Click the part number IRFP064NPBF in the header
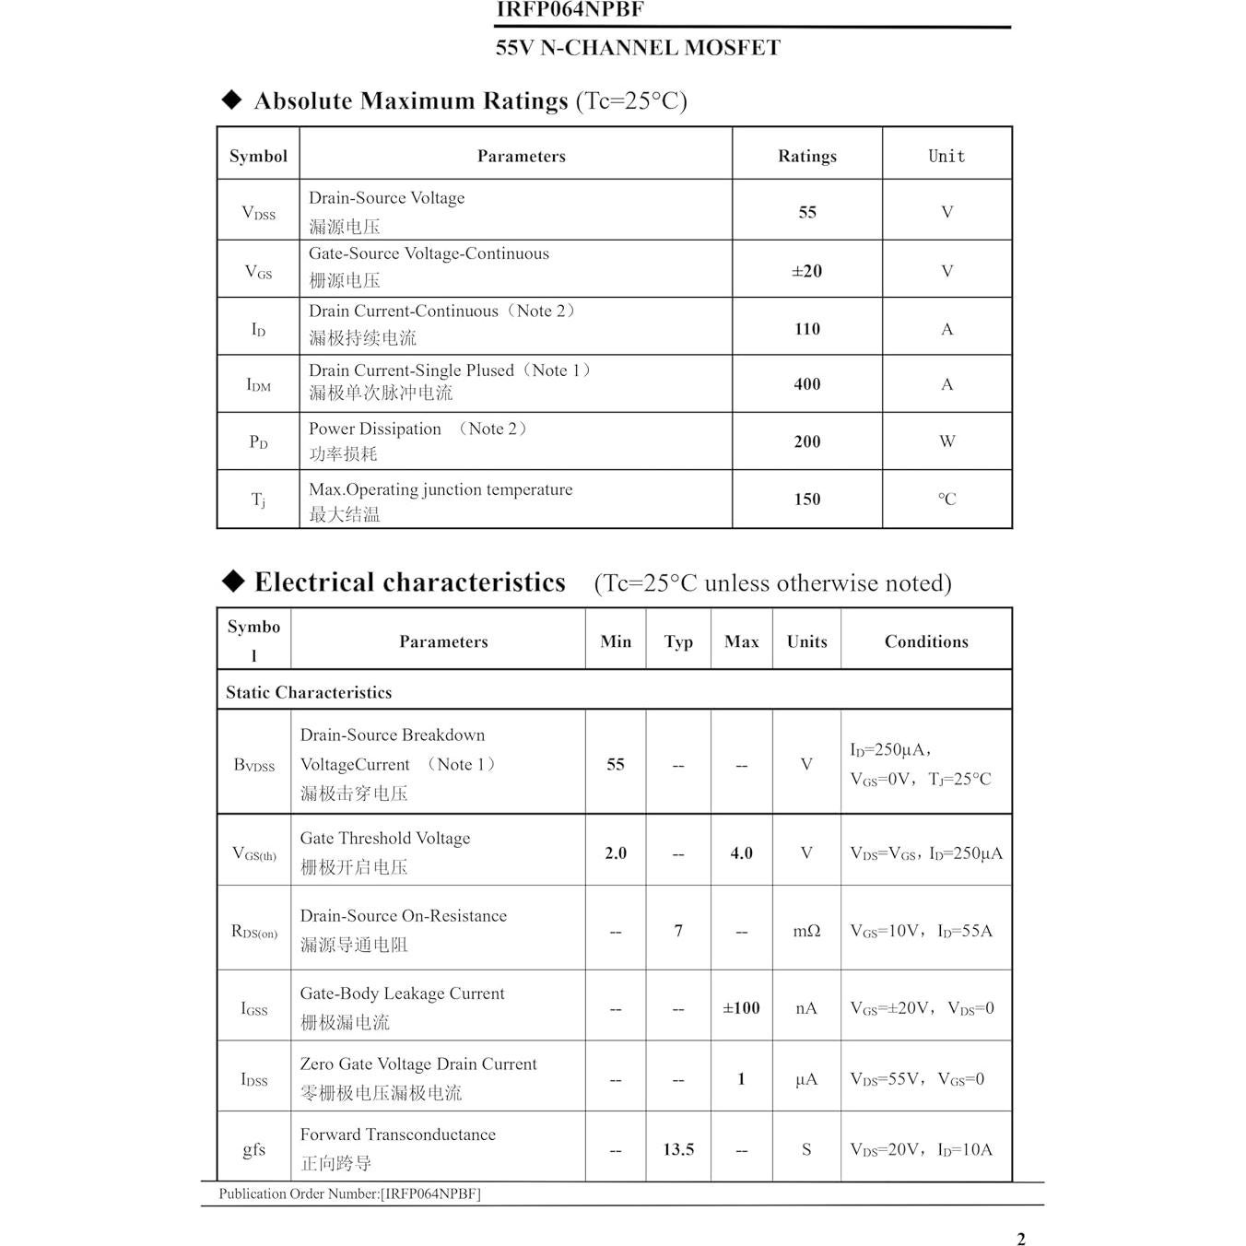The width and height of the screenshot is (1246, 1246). click(570, 10)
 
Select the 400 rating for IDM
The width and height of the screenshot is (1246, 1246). click(806, 384)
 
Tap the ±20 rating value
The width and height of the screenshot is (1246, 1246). click(806, 271)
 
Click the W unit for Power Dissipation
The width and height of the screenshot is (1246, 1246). click(946, 441)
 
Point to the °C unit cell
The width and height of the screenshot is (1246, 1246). click(946, 500)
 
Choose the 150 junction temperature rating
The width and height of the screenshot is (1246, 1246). click(806, 500)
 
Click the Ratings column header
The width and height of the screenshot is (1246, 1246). click(806, 156)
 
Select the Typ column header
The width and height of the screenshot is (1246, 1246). click(678, 641)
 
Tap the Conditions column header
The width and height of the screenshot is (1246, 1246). click(926, 641)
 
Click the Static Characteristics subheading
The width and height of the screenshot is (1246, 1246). click(309, 692)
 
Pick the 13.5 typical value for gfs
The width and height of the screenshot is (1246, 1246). click(678, 1149)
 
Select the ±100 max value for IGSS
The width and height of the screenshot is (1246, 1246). click(741, 1008)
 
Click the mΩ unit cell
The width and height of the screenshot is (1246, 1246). click(806, 931)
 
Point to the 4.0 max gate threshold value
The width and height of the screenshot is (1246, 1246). click(741, 853)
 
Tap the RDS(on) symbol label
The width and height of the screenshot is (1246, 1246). click(253, 932)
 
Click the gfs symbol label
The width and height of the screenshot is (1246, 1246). click(253, 1149)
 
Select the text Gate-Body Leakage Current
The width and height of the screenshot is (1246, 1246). click(402, 993)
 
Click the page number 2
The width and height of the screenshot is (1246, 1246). click(1020, 1239)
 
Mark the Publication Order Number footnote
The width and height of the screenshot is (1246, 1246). click(349, 1193)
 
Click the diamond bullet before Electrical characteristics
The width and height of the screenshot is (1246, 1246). click(233, 581)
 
